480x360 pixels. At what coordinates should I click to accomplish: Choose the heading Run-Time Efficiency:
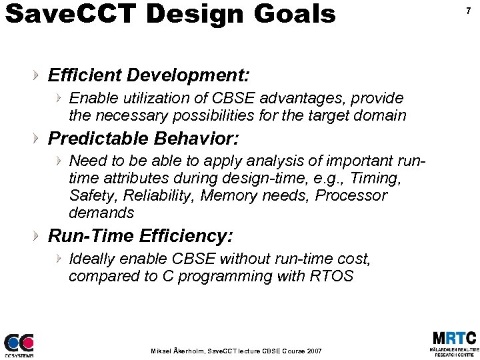[x=141, y=235]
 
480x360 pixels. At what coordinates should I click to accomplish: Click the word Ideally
[x=93, y=258]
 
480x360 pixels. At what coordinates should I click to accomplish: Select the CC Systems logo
[x=19, y=344]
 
